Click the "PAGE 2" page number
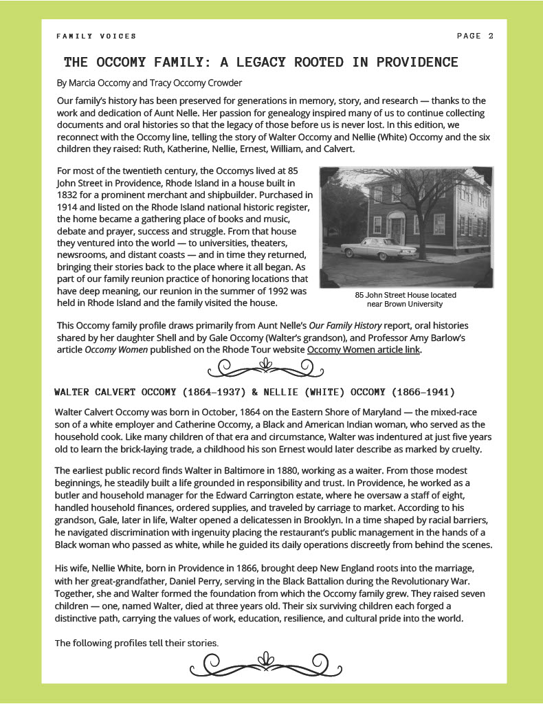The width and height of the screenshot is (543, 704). (475, 36)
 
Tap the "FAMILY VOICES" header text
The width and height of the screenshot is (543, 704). (96, 36)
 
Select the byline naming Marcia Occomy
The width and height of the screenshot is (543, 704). (149, 83)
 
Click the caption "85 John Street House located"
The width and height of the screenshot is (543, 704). (406, 295)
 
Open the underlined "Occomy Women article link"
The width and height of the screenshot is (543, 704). (364, 349)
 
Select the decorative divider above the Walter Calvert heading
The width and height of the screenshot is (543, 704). (261, 368)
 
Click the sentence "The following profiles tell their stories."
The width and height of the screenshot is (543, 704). (137, 643)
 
